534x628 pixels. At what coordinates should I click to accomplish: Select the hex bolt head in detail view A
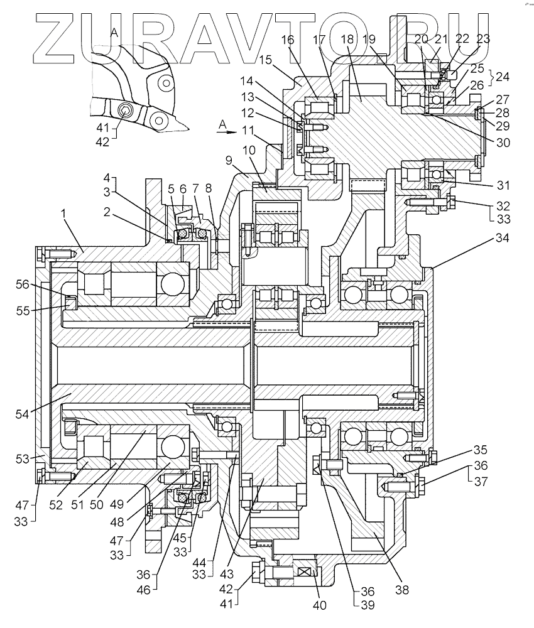click(x=126, y=112)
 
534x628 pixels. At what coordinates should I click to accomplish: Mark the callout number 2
click(x=108, y=212)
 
